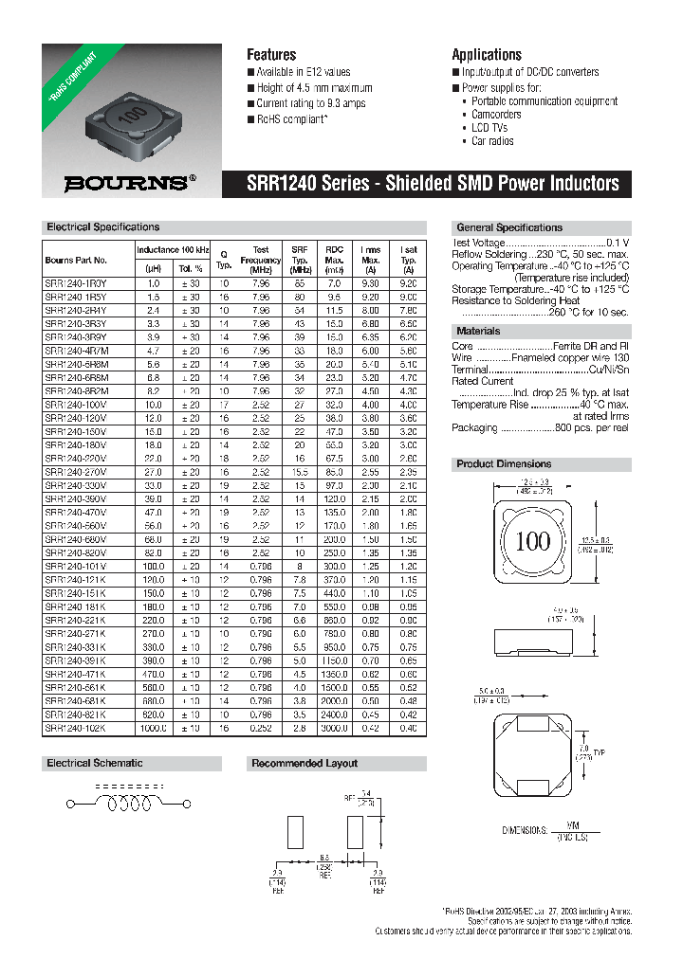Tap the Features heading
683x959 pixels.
click(x=271, y=55)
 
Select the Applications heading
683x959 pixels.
click(x=487, y=55)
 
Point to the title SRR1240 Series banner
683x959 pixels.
click(x=426, y=184)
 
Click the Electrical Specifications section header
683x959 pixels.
click(x=103, y=227)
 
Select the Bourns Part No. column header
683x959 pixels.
click(x=76, y=260)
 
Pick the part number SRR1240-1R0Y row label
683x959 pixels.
click(x=76, y=283)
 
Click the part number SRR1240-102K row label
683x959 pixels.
click(x=76, y=728)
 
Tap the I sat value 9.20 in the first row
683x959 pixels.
click(x=408, y=283)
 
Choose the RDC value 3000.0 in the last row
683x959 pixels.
click(x=333, y=728)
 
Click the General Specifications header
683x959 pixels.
click(x=509, y=227)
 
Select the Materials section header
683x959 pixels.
click(x=479, y=332)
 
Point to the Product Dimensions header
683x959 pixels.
click(x=504, y=464)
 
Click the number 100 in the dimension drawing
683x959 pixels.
click(x=532, y=542)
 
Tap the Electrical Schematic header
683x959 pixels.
click(x=95, y=763)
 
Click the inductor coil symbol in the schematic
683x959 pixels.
click(x=130, y=804)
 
